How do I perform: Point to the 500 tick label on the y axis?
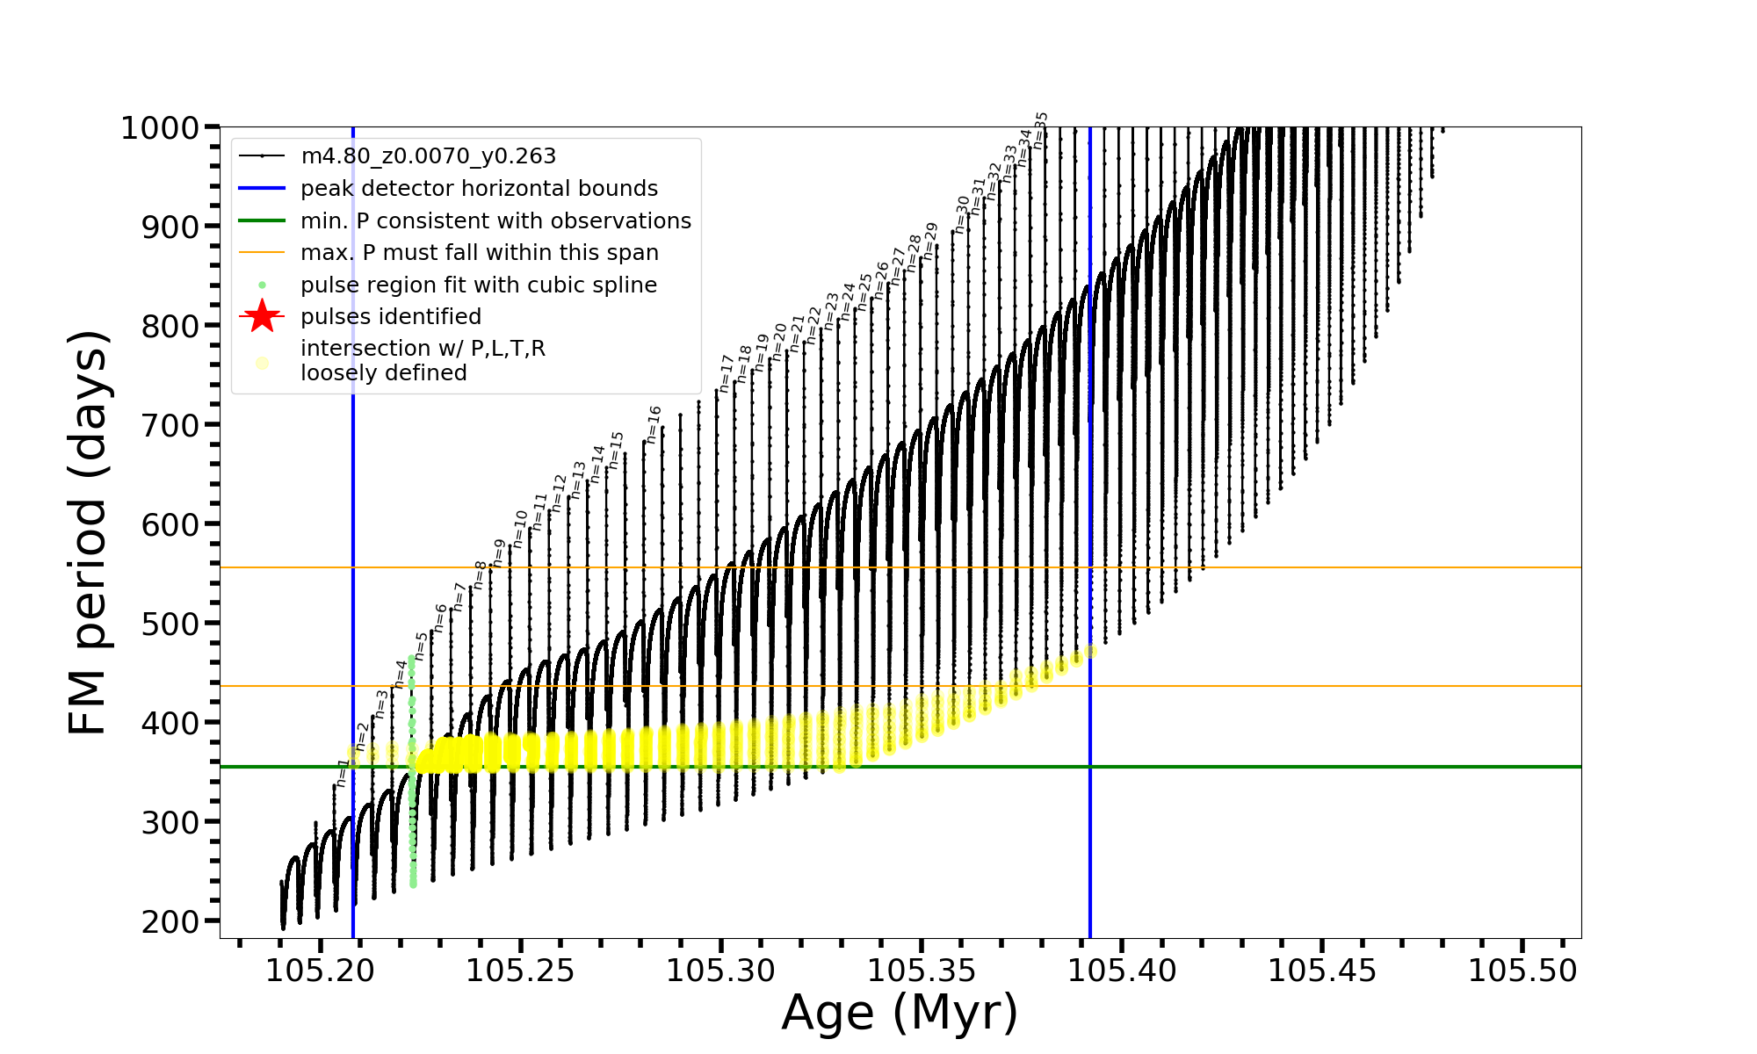point(170,624)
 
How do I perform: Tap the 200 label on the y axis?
point(170,921)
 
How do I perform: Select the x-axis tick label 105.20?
point(320,971)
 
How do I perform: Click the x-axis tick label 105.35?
point(922,971)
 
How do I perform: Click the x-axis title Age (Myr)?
point(900,1013)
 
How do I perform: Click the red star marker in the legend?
point(262,317)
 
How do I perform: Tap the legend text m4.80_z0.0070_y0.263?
point(428,156)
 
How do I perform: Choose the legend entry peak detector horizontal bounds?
point(479,189)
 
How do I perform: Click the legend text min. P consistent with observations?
point(495,221)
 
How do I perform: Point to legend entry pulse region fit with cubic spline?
point(478,285)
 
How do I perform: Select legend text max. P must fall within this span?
point(479,253)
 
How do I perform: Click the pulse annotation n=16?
point(653,425)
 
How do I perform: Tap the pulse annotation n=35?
point(1041,130)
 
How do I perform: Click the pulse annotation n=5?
point(421,646)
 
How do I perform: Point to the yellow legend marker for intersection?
point(262,363)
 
